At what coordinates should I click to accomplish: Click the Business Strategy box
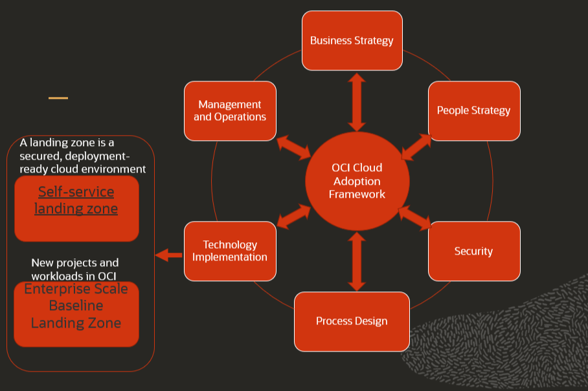pos(352,41)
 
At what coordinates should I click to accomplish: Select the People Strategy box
pos(473,111)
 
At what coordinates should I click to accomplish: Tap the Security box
pos(473,251)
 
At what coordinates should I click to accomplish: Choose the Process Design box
pos(352,321)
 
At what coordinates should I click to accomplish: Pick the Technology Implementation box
pos(230,251)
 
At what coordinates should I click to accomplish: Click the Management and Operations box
pos(230,111)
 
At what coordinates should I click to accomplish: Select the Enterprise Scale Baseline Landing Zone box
pos(76,313)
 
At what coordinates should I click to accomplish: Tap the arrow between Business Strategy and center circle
pos(357,102)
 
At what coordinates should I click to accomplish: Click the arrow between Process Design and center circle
pos(357,261)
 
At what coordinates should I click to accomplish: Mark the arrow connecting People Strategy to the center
pos(416,147)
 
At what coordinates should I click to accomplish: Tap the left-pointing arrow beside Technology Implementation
pos(169,255)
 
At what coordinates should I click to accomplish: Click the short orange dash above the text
pos(58,98)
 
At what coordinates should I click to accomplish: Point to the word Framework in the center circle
pos(357,194)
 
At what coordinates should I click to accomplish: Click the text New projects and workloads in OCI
pos(74,269)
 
